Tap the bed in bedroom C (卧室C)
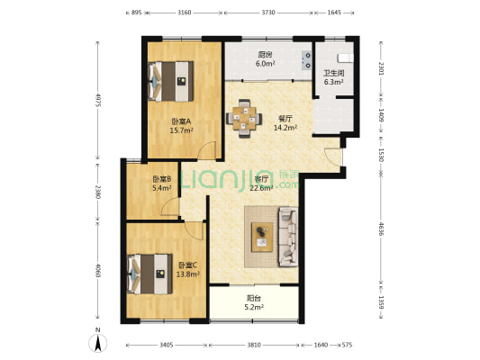[x=149, y=271]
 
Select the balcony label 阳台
[x=255, y=300]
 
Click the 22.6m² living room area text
[x=261, y=188]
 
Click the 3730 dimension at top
[x=268, y=13]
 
